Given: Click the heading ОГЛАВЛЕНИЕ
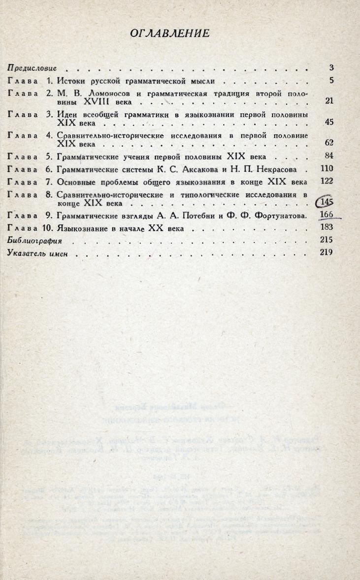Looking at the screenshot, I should click(169, 33).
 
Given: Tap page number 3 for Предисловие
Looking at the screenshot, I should click(331, 68).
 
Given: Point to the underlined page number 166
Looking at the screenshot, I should click(327, 215).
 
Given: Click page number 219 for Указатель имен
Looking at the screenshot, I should click(327, 253).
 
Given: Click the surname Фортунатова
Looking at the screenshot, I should click(276, 215).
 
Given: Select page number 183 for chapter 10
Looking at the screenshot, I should click(327, 227).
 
